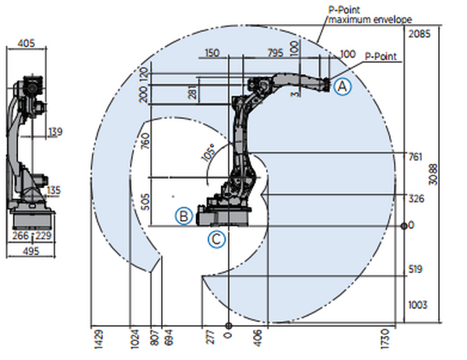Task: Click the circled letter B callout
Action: [183, 215]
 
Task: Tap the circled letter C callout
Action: [218, 239]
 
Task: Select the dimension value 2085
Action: [419, 34]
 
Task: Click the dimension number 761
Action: [416, 156]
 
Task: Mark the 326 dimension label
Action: [416, 198]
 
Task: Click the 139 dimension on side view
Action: [54, 133]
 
